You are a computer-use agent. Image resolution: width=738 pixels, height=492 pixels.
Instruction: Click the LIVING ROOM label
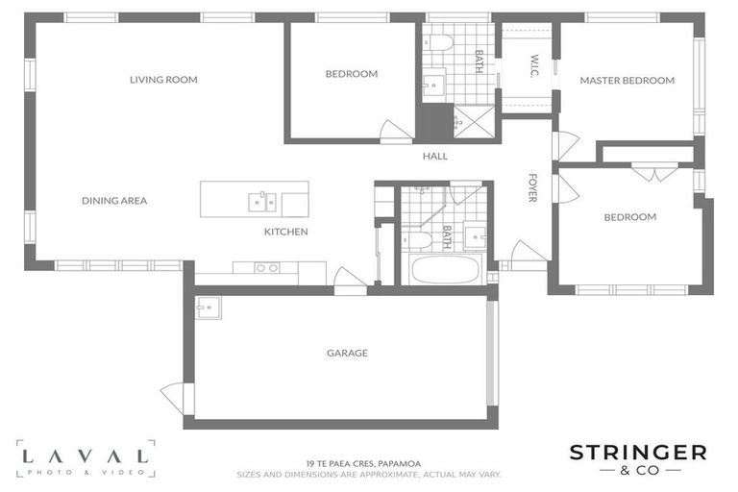click(x=163, y=80)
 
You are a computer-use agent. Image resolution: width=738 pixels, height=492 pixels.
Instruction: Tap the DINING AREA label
click(x=114, y=201)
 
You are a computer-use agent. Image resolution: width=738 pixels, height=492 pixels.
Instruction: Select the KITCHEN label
click(x=285, y=232)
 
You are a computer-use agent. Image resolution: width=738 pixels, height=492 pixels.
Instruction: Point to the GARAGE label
click(x=347, y=353)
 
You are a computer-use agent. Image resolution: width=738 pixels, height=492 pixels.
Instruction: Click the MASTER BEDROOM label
click(x=627, y=81)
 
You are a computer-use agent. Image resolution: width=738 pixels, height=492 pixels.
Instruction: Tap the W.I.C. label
click(x=534, y=66)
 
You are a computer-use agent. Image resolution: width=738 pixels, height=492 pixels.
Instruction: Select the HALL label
click(x=435, y=157)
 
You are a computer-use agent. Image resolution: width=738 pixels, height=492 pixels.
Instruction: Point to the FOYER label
click(x=532, y=187)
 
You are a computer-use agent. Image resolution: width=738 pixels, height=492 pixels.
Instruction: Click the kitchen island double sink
click(x=262, y=203)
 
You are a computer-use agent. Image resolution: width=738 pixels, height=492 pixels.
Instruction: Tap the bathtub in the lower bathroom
click(x=445, y=270)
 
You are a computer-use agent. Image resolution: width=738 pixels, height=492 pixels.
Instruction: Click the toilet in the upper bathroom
click(x=438, y=43)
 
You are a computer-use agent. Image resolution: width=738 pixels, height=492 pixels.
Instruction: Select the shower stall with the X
click(x=474, y=121)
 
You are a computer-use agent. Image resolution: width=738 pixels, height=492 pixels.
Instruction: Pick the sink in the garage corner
click(x=209, y=307)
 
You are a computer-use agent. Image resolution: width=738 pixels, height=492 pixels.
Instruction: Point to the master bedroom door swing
click(x=565, y=145)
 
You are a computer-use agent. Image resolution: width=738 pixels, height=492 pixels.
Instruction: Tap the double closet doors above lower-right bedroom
click(x=654, y=172)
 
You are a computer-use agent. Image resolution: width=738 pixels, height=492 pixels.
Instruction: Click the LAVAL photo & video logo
click(x=86, y=459)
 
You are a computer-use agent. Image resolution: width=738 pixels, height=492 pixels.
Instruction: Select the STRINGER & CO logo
click(x=638, y=459)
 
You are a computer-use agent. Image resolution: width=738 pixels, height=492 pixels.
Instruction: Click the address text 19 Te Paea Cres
click(x=363, y=464)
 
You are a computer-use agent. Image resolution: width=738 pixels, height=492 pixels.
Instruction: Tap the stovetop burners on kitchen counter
click(x=267, y=268)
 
